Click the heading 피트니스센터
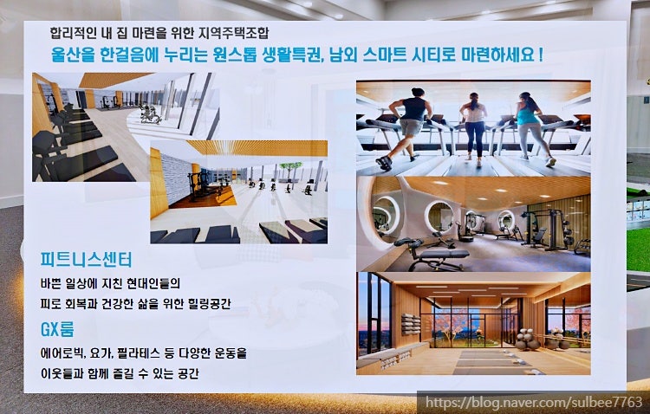click(86, 260)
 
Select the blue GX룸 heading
click(57, 329)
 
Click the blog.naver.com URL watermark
click(534, 402)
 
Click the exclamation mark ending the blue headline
click(541, 55)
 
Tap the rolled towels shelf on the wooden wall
click(411, 324)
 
